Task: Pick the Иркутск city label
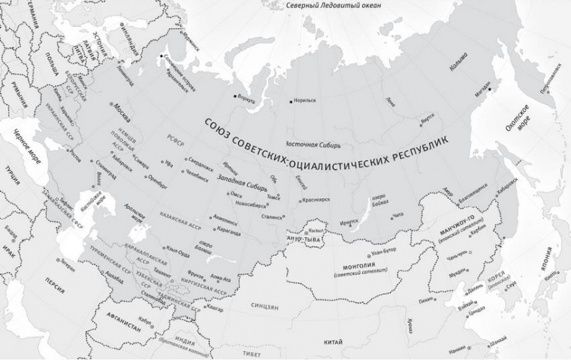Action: click(x=348, y=212)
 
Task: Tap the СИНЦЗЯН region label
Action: click(x=266, y=307)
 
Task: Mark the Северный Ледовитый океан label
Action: click(x=332, y=6)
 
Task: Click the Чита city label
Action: click(x=398, y=215)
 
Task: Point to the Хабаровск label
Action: click(x=508, y=182)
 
